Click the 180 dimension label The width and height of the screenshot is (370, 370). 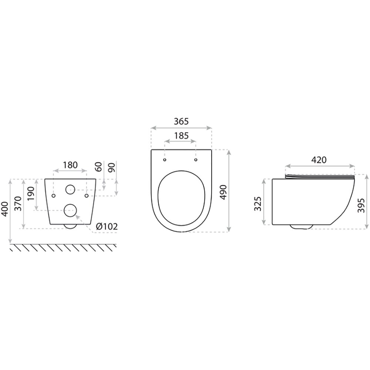(x=70, y=165)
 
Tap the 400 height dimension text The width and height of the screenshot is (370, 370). (x=5, y=209)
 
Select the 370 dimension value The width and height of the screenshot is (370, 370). (x=18, y=203)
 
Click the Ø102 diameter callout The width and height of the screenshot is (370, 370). (x=107, y=227)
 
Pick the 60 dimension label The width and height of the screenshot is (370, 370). (x=99, y=167)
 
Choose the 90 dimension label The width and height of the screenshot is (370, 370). (x=112, y=167)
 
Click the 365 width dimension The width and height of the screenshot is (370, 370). (x=181, y=121)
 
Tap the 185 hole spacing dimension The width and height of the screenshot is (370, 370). (x=181, y=136)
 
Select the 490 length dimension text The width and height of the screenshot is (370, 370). (x=223, y=192)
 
